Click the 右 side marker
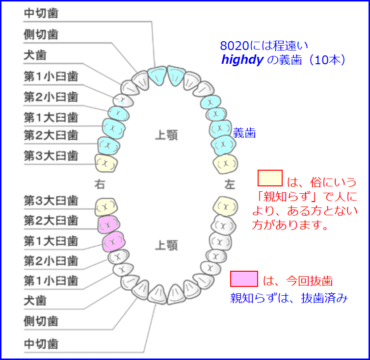100,185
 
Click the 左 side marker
230,185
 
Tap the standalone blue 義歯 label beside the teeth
244,132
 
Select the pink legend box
244,279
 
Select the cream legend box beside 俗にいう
270,178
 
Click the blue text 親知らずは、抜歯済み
289,298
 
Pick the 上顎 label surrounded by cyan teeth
166,134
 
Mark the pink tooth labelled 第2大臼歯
108,224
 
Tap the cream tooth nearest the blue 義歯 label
226,162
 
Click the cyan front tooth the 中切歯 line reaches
158,76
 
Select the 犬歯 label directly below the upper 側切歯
35,55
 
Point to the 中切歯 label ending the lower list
41,344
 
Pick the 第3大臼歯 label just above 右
51,156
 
